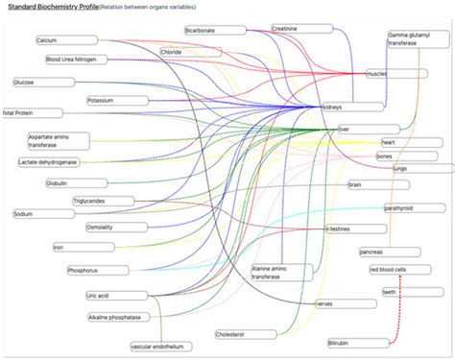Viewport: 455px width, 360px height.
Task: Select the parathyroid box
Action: point(414,208)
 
